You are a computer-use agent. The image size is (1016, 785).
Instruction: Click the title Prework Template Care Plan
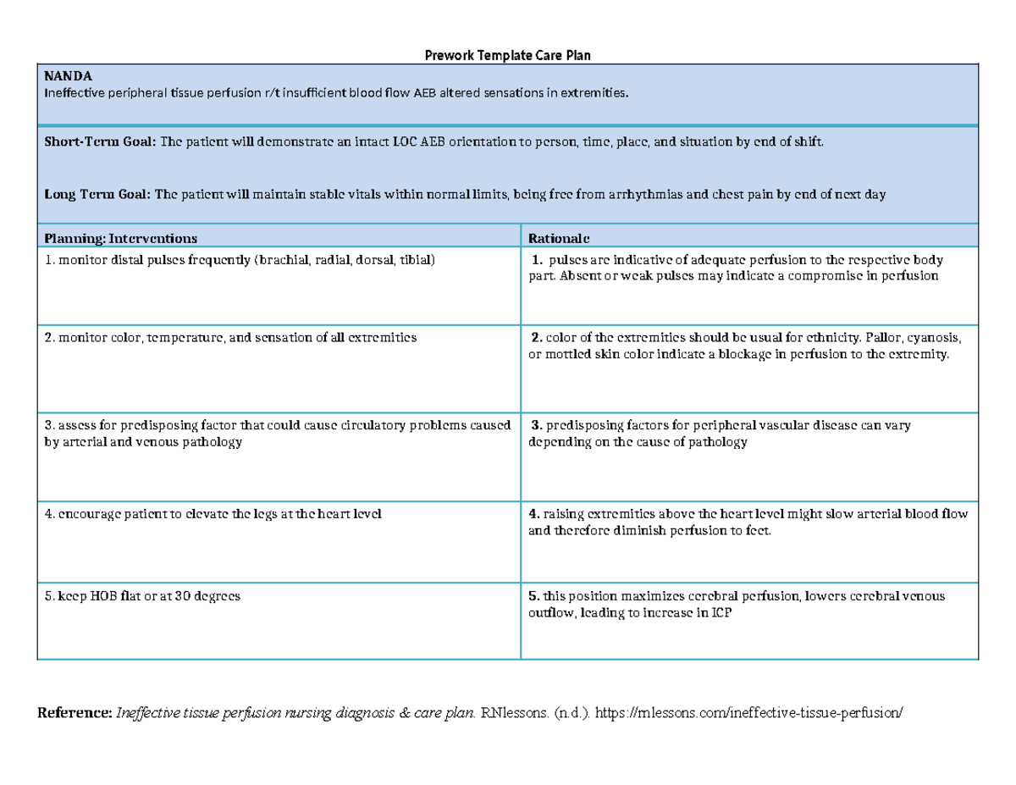pyautogui.click(x=506, y=55)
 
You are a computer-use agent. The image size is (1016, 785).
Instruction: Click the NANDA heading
pyautogui.click(x=63, y=76)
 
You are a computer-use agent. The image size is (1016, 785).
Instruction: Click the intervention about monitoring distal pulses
pyautogui.click(x=240, y=260)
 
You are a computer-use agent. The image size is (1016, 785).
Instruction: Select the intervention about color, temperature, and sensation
pyautogui.click(x=230, y=337)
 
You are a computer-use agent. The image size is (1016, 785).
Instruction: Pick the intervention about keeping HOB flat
pyautogui.click(x=142, y=596)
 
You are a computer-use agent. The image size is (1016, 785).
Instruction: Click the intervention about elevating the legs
pyautogui.click(x=213, y=514)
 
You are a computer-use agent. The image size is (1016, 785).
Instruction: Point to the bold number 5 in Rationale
pyautogui.click(x=533, y=596)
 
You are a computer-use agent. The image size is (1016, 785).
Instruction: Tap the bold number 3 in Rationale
pyautogui.click(x=536, y=425)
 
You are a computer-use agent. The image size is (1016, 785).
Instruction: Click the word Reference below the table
pyautogui.click(x=75, y=713)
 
